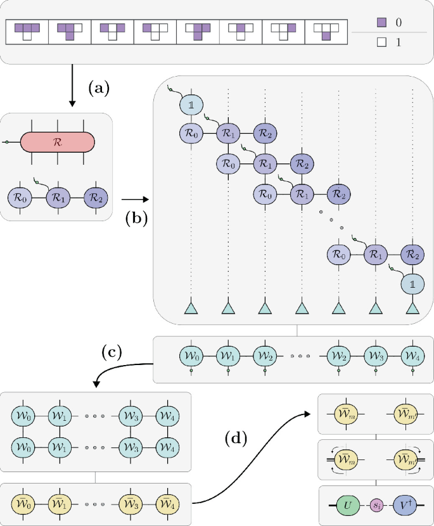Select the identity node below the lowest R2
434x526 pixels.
[x=412, y=283]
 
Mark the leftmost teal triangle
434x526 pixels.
[x=191, y=308]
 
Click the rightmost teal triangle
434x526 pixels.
[x=412, y=308]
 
